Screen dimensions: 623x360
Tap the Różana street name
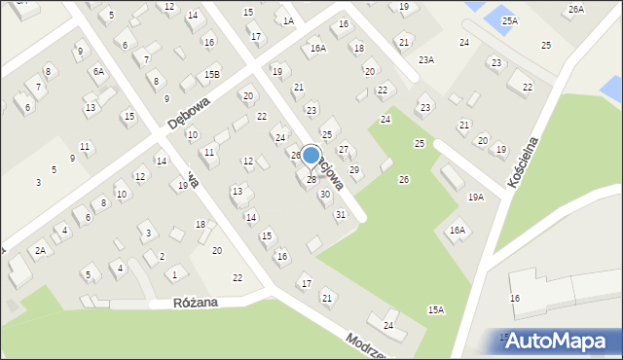point(196,303)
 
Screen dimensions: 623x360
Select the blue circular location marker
point(311,156)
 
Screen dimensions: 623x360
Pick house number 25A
point(510,20)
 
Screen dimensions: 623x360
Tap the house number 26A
point(576,9)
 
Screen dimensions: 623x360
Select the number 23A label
point(425,59)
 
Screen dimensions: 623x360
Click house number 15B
point(212,74)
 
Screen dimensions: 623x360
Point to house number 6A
point(98,71)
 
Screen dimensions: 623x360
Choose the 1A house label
point(287,20)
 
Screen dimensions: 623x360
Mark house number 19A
point(475,197)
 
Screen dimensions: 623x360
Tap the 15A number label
point(435,309)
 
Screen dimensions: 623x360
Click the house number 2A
point(40,250)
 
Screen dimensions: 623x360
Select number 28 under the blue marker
point(311,179)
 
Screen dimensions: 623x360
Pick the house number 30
point(325,195)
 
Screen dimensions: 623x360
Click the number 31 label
point(340,214)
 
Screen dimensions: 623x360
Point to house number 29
point(354,170)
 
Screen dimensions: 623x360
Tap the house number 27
point(344,149)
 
